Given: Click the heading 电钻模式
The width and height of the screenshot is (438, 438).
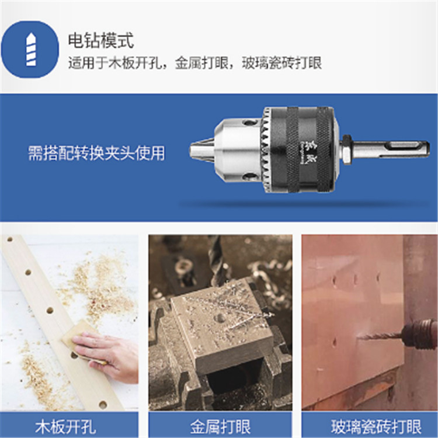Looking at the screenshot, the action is pos(101,41).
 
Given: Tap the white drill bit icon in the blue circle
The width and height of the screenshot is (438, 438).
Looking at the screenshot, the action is pos(31,50).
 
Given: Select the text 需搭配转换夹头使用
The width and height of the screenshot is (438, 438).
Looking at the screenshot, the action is pos(96,153).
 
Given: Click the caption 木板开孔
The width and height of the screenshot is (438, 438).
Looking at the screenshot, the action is pos(65,426).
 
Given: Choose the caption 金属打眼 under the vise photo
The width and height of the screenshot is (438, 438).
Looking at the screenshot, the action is pos(220,426).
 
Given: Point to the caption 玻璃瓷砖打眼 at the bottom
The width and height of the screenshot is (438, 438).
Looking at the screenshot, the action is pos(376,426).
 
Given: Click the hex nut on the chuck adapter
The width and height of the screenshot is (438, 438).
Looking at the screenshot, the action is pos(347,150).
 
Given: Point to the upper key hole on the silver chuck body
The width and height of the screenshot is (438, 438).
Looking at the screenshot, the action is pos(250,123).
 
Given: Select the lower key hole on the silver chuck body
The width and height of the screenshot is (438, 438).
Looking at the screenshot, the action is pos(250,176).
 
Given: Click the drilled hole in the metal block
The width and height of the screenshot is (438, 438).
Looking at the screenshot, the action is pos(221,318).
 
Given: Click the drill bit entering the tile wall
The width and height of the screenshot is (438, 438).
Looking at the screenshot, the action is pos(380,336).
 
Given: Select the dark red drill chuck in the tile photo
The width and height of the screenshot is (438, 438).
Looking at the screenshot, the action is pos(419,335).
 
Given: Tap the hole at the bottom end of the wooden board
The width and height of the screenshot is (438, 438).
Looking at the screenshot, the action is pos(103,405).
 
